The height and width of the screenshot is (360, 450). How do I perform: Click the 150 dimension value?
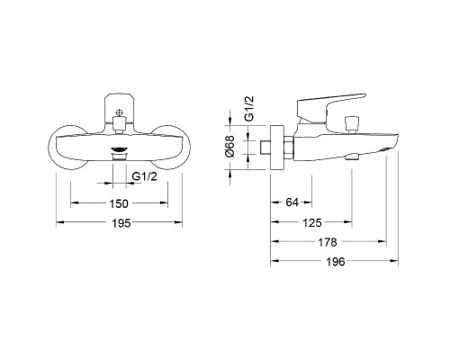[119, 203]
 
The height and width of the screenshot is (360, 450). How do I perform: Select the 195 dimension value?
[121, 223]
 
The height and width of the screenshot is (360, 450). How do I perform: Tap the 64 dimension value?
[292, 202]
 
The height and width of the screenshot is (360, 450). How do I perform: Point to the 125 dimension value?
[312, 223]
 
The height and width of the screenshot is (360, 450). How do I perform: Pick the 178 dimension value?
[328, 242]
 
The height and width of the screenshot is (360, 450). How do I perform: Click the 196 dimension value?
[336, 262]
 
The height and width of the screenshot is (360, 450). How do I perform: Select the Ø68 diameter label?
[230, 146]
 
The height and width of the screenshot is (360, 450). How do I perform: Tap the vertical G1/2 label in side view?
[249, 108]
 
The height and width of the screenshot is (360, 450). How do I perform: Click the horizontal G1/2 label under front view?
[144, 176]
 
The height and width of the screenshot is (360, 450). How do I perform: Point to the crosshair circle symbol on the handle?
[119, 112]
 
